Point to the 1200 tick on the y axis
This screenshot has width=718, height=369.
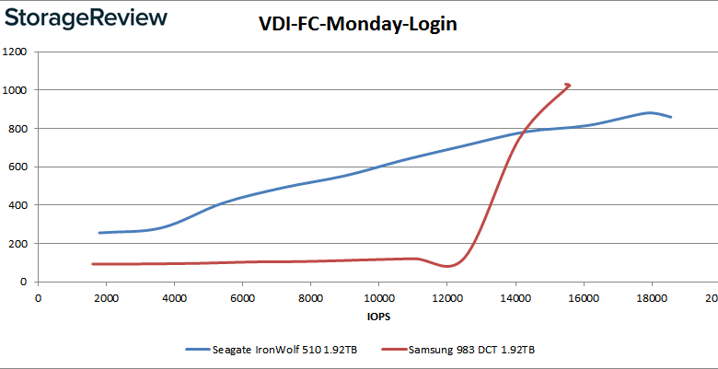14,52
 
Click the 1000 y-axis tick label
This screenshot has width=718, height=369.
14,90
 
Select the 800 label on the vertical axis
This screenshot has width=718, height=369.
17,129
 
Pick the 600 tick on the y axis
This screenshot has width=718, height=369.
17,167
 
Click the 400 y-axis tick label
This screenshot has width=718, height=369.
17,205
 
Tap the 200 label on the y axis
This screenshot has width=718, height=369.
17,244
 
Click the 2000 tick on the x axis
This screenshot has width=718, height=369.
106,297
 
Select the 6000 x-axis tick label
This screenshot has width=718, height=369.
242,297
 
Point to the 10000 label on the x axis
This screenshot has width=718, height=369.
378,297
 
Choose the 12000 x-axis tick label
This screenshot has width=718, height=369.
446,297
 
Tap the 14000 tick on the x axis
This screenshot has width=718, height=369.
515,297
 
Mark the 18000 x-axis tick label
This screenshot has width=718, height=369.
651,297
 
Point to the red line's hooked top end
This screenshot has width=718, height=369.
569,86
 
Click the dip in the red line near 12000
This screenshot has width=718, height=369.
447,266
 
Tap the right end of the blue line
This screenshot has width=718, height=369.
671,117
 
